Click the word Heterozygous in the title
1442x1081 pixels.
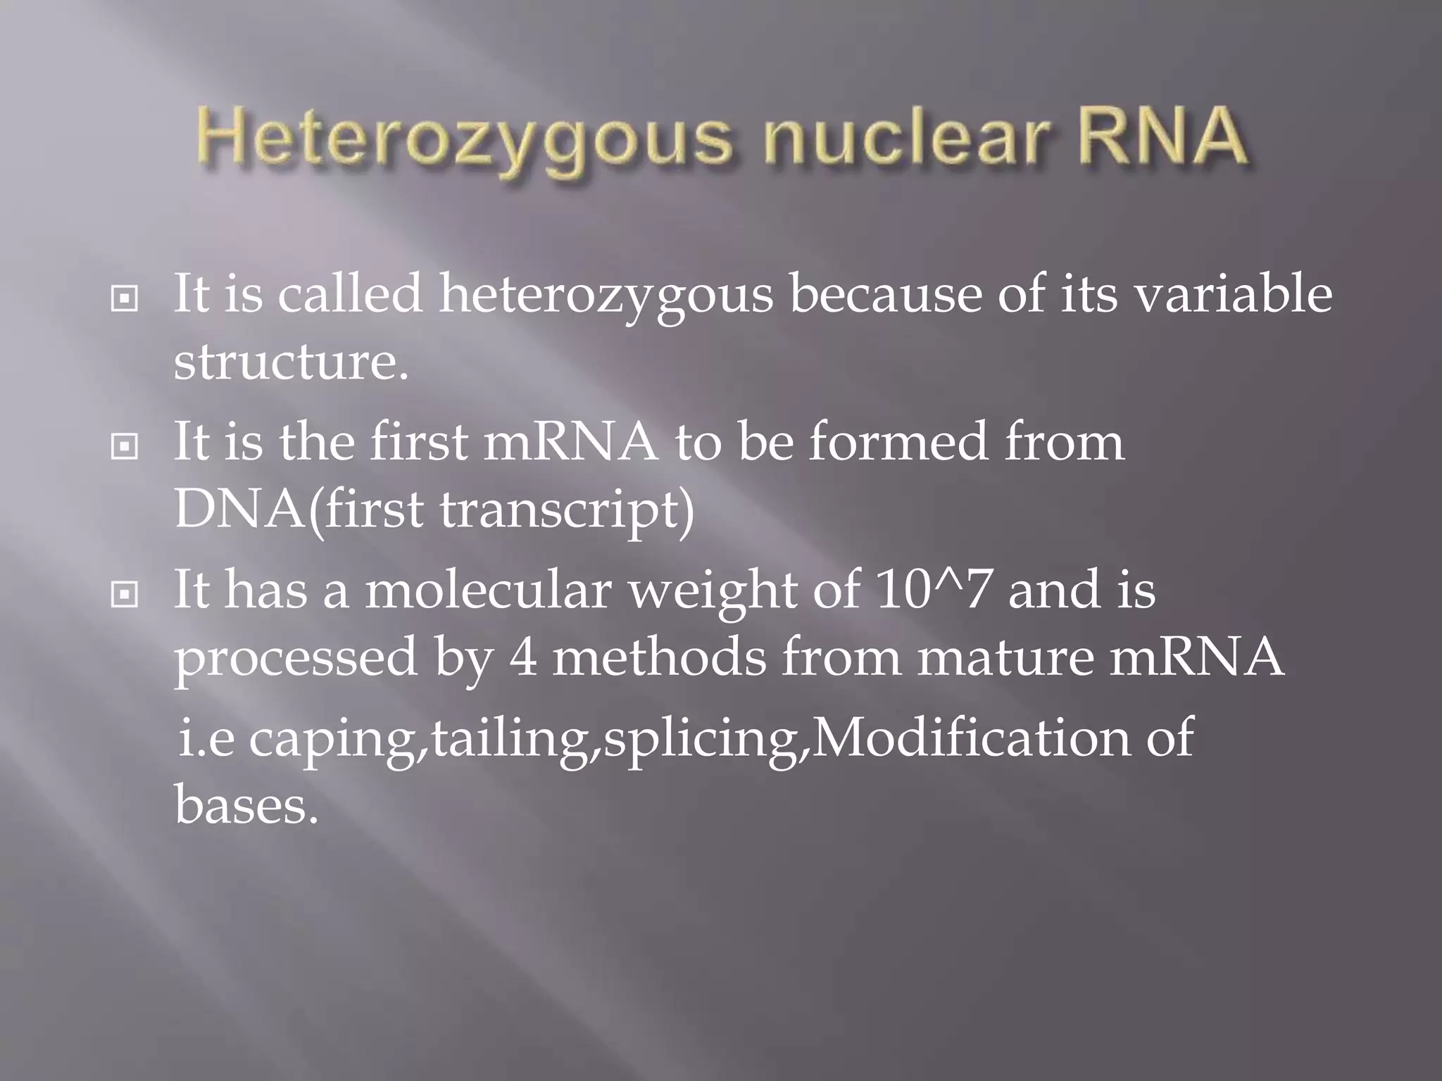465,141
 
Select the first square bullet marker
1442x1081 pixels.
125,299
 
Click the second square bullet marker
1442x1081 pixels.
125,447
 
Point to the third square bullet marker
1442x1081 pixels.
125,595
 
